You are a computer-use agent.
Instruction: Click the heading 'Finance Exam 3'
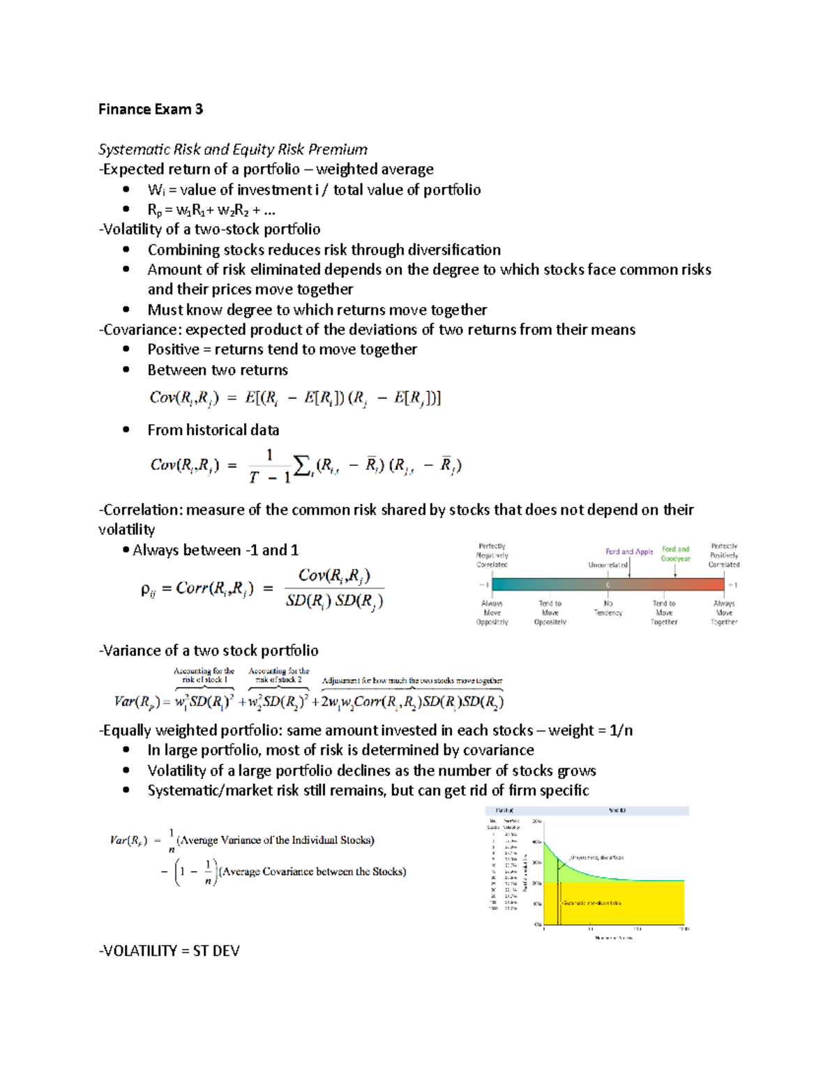click(151, 109)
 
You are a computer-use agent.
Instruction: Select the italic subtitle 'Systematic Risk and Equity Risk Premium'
click(232, 149)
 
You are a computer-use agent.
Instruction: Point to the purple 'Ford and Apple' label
click(629, 552)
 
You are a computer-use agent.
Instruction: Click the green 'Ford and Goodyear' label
click(675, 554)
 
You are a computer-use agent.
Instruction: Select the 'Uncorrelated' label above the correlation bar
click(608, 565)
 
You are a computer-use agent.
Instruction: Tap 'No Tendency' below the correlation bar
click(608, 608)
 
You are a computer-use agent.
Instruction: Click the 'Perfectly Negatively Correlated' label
click(492, 555)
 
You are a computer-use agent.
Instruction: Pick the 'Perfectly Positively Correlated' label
click(724, 555)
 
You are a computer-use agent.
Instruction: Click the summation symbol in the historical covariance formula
click(301, 466)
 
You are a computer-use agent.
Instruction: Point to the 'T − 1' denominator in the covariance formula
click(269, 478)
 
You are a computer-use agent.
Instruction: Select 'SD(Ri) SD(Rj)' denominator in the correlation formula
click(334, 601)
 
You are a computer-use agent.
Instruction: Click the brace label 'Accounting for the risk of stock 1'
click(204, 675)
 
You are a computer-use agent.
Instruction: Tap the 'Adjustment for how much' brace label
click(412, 680)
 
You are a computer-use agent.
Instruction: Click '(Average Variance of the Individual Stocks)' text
click(276, 840)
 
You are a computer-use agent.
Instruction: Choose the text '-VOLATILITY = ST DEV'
click(169, 951)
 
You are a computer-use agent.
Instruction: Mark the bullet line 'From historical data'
click(213, 430)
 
